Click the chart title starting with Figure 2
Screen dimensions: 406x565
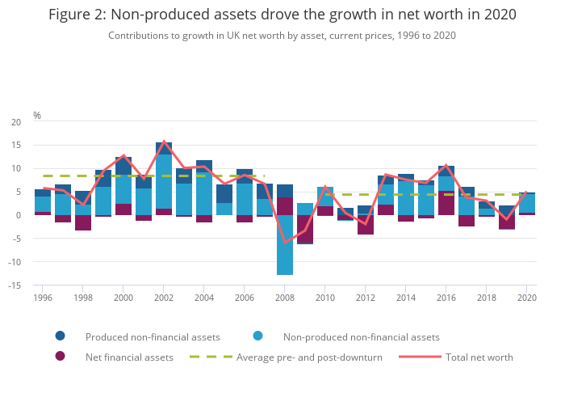tap(282, 15)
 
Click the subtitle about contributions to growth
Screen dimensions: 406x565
tap(282, 36)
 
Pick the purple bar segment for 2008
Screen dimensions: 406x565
tap(285, 206)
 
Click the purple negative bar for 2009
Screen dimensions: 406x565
tap(305, 228)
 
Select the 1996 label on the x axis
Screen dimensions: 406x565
tap(43, 298)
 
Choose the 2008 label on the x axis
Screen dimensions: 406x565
tap(285, 298)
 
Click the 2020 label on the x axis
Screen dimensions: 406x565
tap(527, 298)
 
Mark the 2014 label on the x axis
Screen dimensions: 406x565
tap(406, 298)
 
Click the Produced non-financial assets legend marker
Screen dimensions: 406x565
tap(61, 336)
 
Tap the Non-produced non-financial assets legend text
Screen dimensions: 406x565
tap(361, 336)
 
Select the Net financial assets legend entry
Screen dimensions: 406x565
tap(129, 357)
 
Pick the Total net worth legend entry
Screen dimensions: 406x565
tap(479, 357)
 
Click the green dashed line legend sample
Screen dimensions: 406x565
tap(211, 357)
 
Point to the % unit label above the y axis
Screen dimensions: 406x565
tap(37, 116)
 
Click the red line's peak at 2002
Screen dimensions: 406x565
tap(164, 142)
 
